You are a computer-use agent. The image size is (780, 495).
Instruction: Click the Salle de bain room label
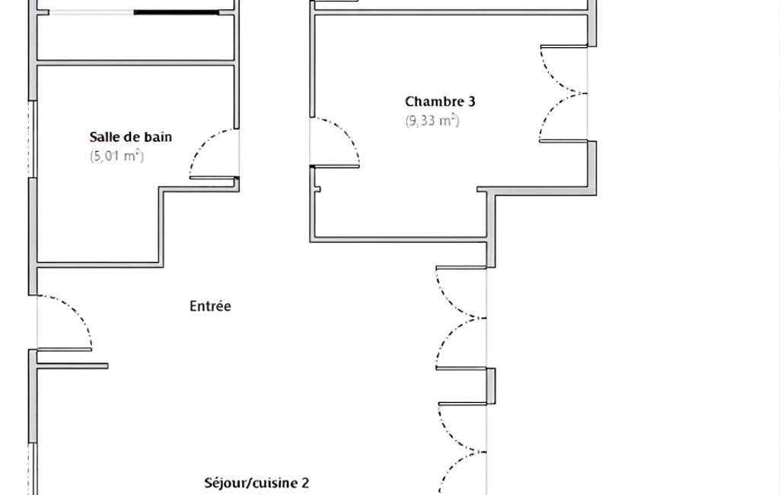[x=130, y=137]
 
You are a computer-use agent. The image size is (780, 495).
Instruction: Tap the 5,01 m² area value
[x=116, y=156]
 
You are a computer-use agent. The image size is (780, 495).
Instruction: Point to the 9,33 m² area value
[x=431, y=120]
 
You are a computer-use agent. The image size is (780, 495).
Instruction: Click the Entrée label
[x=209, y=306]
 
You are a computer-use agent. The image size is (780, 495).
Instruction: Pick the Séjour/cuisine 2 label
[x=256, y=483]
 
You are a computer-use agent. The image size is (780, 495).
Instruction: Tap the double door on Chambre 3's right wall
[x=563, y=94]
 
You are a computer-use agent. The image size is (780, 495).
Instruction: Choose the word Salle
[x=104, y=137]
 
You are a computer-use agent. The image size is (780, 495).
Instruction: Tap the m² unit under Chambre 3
[x=450, y=120]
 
